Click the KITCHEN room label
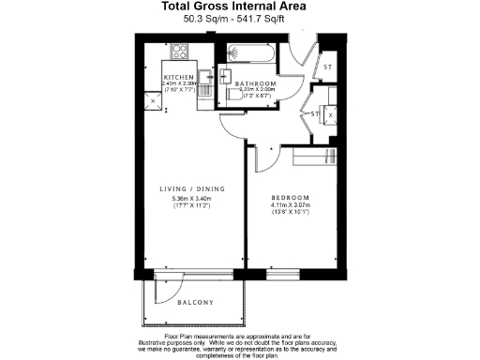tap(179, 77)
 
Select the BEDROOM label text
tap(291, 199)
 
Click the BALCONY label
tap(195, 302)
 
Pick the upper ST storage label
tap(327, 67)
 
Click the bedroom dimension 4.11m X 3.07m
tap(291, 208)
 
